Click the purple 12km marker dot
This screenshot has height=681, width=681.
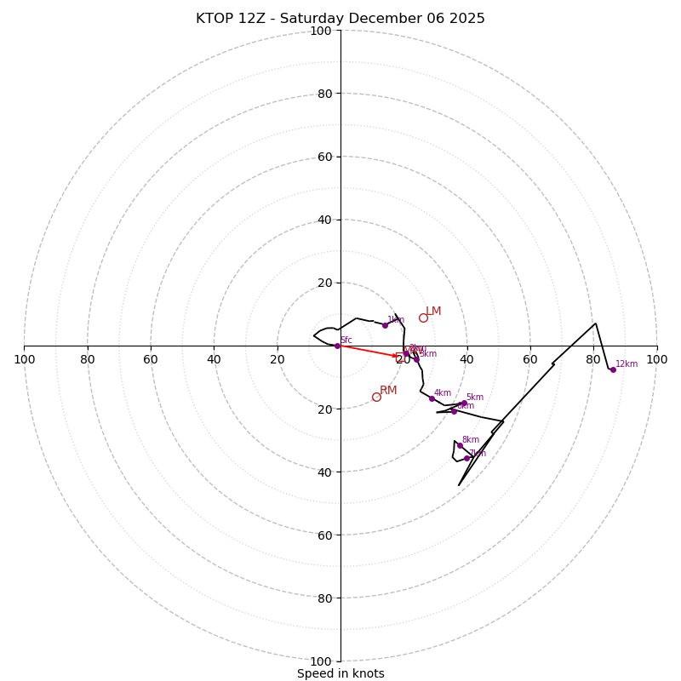(613, 369)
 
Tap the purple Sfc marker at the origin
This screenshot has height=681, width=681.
(337, 346)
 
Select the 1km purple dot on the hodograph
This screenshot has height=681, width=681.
(385, 325)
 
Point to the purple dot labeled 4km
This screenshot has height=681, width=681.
(432, 398)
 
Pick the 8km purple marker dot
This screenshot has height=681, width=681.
(460, 445)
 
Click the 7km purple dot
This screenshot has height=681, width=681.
(466, 458)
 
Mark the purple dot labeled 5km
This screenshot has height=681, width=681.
(464, 403)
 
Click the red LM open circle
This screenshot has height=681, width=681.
(423, 318)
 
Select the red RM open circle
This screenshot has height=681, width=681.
(376, 397)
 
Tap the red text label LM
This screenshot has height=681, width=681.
(433, 312)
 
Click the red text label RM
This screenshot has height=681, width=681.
(388, 391)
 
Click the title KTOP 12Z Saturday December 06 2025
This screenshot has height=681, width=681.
(340, 19)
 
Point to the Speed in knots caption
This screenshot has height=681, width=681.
(340, 673)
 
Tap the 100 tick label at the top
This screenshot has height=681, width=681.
(321, 31)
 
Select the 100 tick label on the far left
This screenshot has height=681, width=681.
(24, 359)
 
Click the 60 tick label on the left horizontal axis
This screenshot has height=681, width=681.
(151, 359)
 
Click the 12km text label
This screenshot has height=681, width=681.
(627, 364)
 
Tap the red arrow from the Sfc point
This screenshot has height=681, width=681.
(369, 351)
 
